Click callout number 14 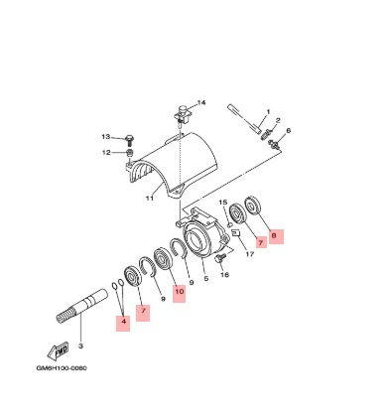(x=201, y=103)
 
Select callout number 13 (x=105, y=137)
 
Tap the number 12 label (x=106, y=153)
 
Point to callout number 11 (x=150, y=199)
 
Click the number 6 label (x=288, y=131)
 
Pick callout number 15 (x=223, y=203)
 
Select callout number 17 (x=250, y=254)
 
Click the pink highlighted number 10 (x=179, y=292)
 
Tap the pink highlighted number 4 (x=123, y=322)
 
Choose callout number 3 (x=80, y=346)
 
